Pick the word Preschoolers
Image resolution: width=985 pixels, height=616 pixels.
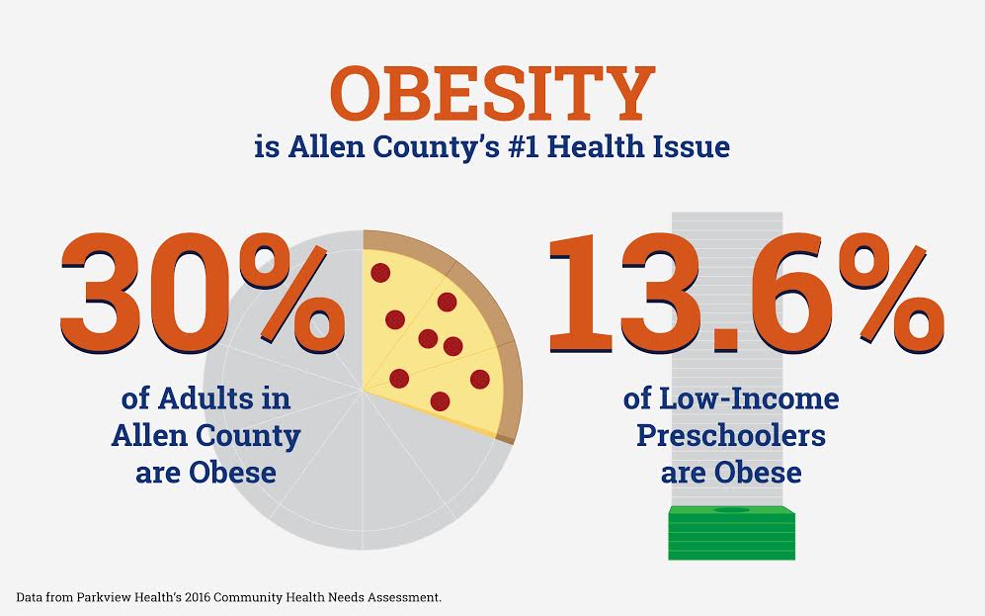(x=731, y=436)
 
